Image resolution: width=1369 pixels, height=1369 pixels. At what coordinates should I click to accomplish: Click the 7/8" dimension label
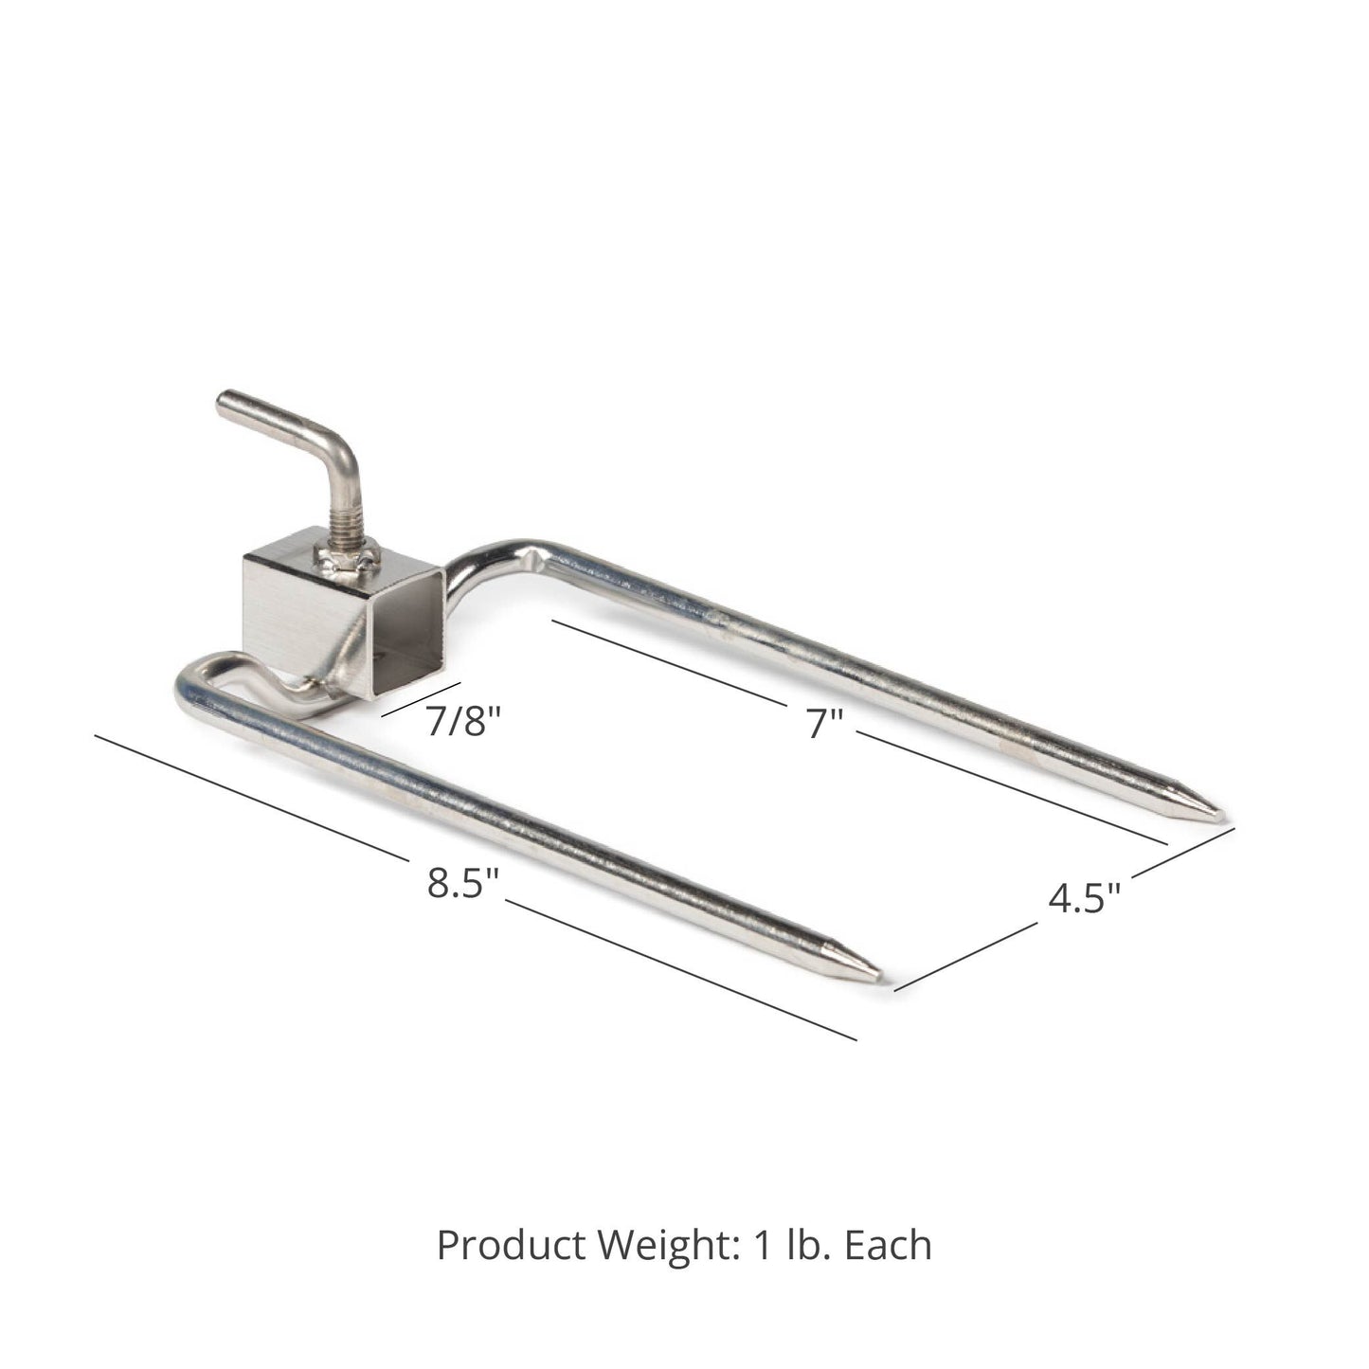461,722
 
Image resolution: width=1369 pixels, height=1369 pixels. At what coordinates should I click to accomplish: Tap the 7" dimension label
824,724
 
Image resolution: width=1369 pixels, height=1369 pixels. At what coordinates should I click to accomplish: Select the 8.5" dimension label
462,883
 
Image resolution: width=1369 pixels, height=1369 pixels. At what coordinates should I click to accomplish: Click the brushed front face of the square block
280,611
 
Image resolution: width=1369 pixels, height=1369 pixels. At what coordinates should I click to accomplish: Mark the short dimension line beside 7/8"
421,699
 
